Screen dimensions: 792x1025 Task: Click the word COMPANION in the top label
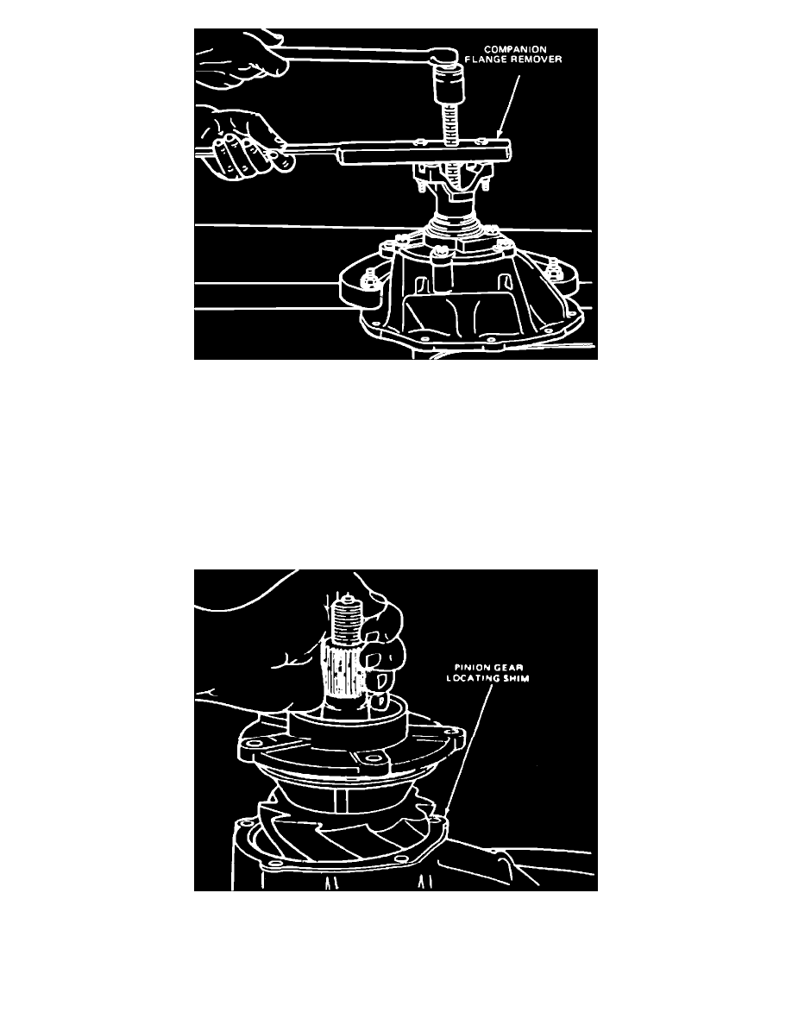coord(515,49)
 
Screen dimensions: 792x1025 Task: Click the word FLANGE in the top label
coord(486,60)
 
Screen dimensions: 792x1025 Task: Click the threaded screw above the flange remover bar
coord(450,123)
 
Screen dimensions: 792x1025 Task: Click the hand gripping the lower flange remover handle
coord(245,141)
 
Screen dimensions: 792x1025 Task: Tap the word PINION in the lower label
coord(470,668)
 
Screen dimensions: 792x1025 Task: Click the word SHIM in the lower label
coord(516,678)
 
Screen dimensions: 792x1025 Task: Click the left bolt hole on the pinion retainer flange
coord(253,745)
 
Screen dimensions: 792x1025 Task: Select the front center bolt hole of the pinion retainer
coord(373,759)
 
